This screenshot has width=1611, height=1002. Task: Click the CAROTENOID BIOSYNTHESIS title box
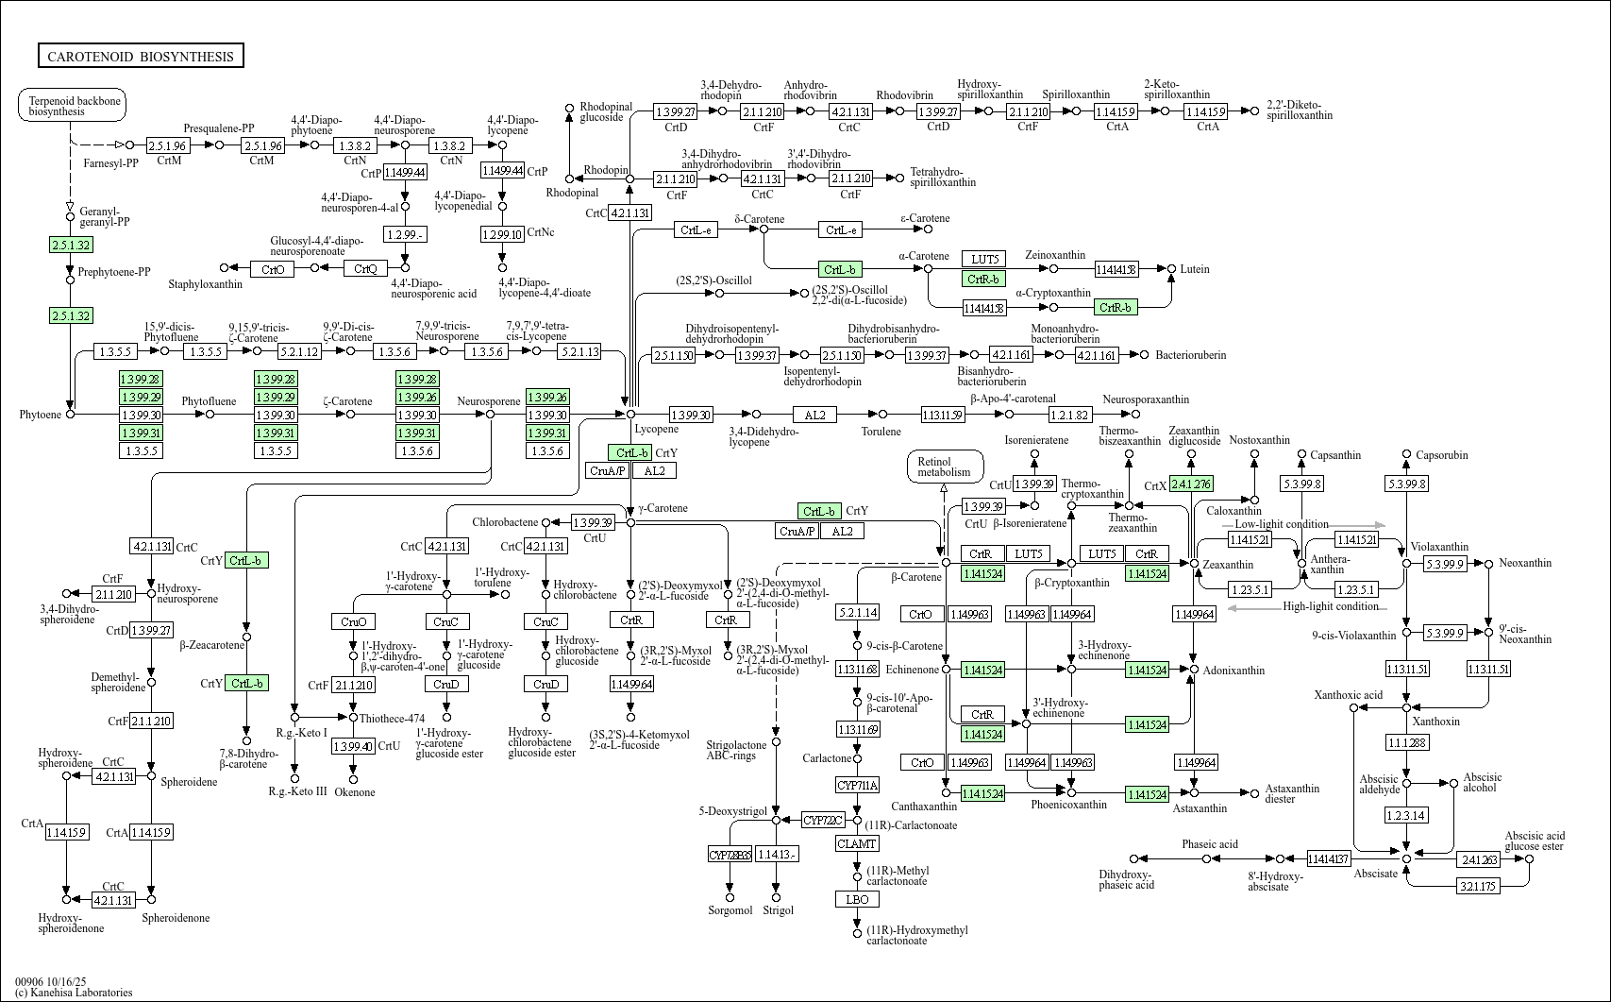(x=141, y=57)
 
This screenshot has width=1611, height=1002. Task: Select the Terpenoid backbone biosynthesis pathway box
(x=72, y=106)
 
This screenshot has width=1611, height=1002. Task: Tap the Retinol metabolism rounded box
(x=944, y=467)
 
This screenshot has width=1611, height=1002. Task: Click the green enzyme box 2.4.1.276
(x=1190, y=484)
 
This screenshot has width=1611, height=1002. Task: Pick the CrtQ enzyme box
(x=365, y=269)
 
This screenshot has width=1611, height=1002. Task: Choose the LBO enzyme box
(x=857, y=899)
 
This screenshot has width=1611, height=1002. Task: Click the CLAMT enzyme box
(x=857, y=843)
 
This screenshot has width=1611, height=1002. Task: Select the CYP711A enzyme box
(x=857, y=786)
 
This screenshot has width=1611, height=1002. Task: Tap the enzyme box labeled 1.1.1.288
(x=1406, y=743)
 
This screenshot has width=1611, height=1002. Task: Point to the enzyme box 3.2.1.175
(x=1479, y=886)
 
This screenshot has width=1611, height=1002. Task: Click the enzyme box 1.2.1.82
(x=1069, y=415)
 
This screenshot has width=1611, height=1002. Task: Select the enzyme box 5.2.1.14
(x=857, y=613)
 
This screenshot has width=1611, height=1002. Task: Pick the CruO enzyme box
(x=354, y=621)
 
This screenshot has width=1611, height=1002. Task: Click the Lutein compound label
(x=1194, y=269)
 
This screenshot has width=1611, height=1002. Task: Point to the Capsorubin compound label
(x=1441, y=455)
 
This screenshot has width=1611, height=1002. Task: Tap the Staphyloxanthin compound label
(x=205, y=284)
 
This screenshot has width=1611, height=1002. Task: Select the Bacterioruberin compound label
(x=1191, y=355)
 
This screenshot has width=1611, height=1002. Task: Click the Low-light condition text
(x=1281, y=524)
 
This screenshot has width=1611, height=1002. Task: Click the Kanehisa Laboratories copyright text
(x=74, y=993)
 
